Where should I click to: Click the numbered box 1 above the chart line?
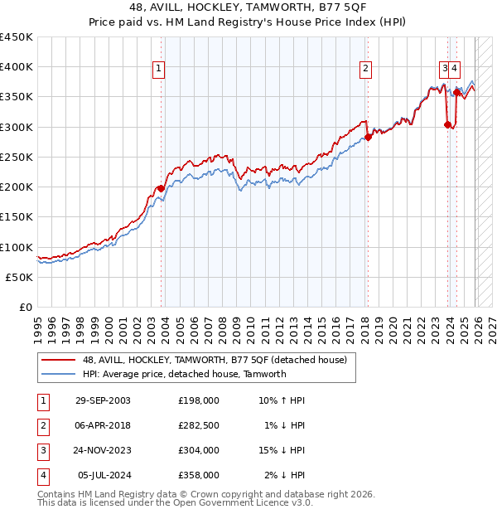click(x=158, y=69)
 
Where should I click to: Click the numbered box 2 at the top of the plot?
click(x=365, y=69)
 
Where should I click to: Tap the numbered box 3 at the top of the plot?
click(x=445, y=69)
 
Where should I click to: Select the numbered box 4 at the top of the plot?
click(x=456, y=69)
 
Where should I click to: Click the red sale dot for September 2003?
click(x=161, y=188)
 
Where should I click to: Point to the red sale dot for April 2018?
click(x=368, y=138)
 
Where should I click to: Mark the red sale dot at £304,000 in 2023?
click(x=447, y=124)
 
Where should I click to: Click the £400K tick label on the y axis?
click(x=17, y=67)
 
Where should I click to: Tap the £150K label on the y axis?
click(x=17, y=217)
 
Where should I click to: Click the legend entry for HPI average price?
click(x=184, y=374)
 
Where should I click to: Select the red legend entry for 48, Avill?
click(x=219, y=360)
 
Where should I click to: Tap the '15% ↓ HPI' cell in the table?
click(x=282, y=451)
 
